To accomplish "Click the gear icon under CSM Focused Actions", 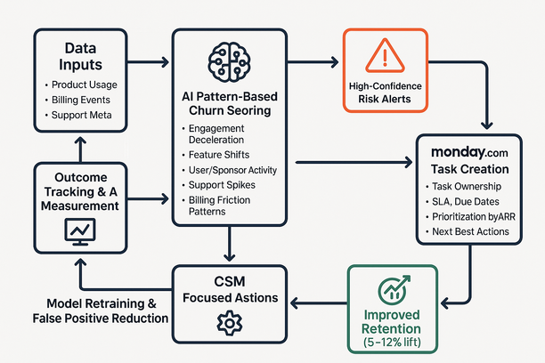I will pyautogui.click(x=230, y=323).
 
